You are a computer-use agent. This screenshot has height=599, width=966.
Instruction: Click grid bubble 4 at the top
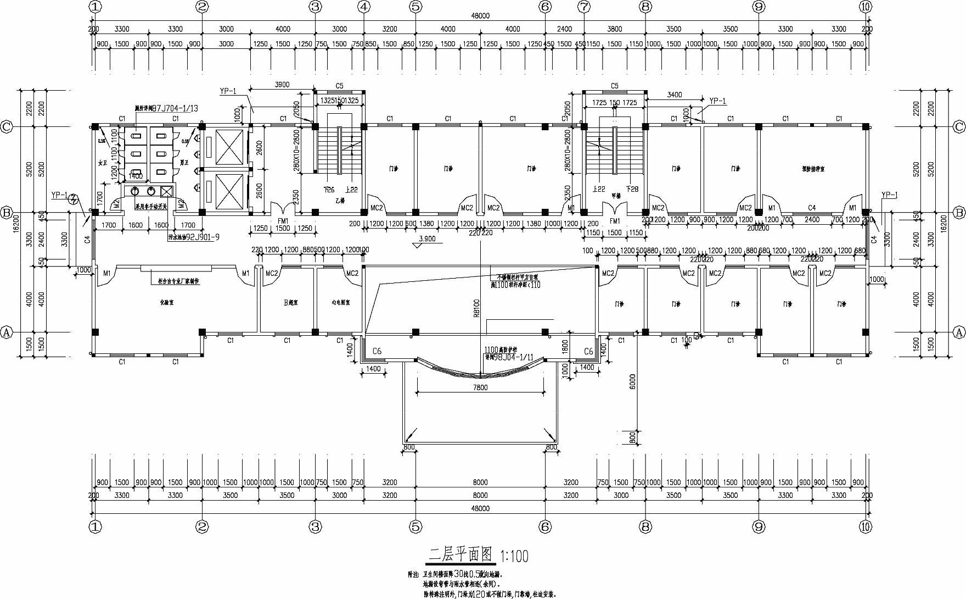pyautogui.click(x=364, y=7)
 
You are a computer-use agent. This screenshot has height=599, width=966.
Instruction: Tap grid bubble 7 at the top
pyautogui.click(x=583, y=7)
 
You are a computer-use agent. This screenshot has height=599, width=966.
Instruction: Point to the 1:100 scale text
pyautogui.click(x=514, y=556)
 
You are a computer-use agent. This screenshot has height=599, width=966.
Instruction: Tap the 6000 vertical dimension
pyautogui.click(x=632, y=381)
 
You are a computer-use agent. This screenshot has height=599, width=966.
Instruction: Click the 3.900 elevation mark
pyautogui.click(x=427, y=239)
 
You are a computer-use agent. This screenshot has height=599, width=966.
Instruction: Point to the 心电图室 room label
pyautogui.click(x=341, y=302)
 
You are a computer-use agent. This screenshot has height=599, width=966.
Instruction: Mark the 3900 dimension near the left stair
pyautogui.click(x=282, y=85)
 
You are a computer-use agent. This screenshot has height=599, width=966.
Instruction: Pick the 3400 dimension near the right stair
pyautogui.click(x=674, y=95)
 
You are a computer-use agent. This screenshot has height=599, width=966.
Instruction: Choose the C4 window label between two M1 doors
pyautogui.click(x=812, y=208)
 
